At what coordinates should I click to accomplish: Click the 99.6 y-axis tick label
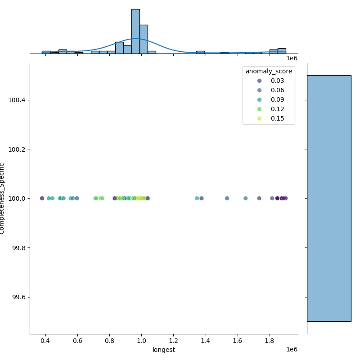(x=18, y=297)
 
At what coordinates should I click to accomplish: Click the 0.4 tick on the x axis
(x=45, y=342)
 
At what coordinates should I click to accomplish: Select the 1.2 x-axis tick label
(x=174, y=342)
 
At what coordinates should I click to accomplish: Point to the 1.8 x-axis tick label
(x=270, y=342)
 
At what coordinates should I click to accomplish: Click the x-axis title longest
(x=164, y=350)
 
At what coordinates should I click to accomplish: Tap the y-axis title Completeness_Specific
(x=3, y=198)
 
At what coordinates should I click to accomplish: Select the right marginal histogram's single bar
(x=329, y=198)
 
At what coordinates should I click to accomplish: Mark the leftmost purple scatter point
(x=42, y=198)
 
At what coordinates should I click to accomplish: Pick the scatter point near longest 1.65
(x=246, y=198)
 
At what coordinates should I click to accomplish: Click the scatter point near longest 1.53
(x=227, y=198)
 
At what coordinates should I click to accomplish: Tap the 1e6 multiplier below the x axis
(x=292, y=350)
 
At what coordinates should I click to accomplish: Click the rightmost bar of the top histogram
(x=282, y=51)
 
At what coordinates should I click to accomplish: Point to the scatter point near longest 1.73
(x=259, y=198)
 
